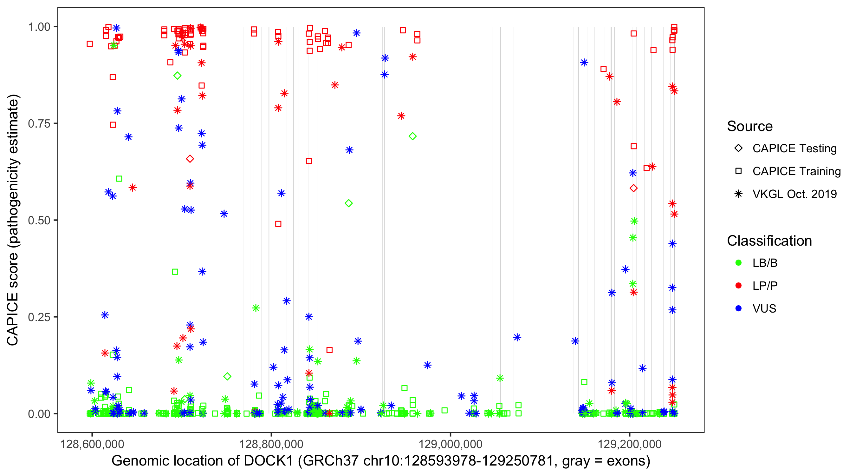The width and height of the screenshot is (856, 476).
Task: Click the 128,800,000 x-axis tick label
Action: [x=271, y=444]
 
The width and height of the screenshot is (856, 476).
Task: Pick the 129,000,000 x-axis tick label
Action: [x=450, y=444]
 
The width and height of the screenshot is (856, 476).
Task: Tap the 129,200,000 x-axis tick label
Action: [x=629, y=444]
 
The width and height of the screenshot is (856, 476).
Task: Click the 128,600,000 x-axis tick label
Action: [x=92, y=444]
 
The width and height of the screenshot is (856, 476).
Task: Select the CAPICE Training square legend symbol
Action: [x=738, y=171]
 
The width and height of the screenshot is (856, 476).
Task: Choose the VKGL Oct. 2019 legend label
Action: [x=794, y=194]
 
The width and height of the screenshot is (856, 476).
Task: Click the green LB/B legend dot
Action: [x=738, y=263]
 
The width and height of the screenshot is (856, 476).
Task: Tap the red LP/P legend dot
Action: [x=738, y=286]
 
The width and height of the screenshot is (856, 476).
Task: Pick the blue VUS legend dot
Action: [x=738, y=309]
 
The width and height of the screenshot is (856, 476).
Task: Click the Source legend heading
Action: [x=750, y=126]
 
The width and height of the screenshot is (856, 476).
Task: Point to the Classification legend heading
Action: [x=769, y=241]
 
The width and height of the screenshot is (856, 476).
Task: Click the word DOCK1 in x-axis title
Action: [x=269, y=461]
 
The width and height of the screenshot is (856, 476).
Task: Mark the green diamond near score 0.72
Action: [x=412, y=136]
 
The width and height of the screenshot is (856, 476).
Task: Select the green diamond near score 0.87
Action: [x=178, y=76]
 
